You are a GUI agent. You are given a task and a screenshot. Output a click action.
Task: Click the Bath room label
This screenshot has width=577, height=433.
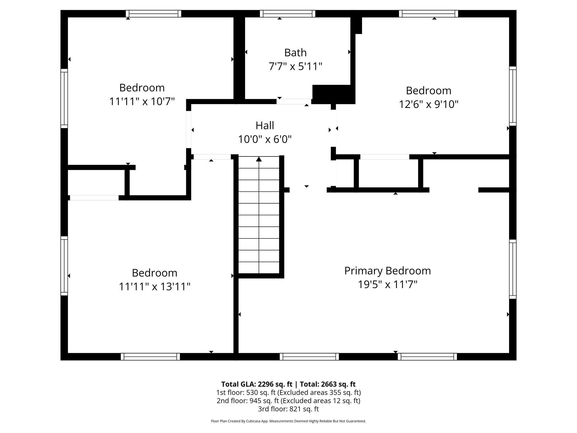pyautogui.click(x=295, y=53)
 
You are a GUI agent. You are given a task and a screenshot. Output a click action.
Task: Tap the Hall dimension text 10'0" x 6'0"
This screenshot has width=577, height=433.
pyautogui.click(x=265, y=139)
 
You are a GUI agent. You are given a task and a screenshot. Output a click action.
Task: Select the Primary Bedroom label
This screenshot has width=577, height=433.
pyautogui.click(x=387, y=271)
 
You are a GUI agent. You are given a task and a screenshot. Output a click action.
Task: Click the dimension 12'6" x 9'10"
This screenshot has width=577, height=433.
pyautogui.click(x=429, y=105)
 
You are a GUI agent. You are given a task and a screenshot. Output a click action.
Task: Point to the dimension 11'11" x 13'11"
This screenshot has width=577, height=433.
pyautogui.click(x=154, y=287)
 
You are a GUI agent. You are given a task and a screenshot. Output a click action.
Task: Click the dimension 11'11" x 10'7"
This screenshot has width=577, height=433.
pyautogui.click(x=142, y=101)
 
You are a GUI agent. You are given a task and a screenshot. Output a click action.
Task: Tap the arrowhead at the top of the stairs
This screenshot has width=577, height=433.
pyautogui.click(x=259, y=159)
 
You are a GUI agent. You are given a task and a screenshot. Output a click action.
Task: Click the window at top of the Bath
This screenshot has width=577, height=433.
pyautogui.click(x=287, y=14)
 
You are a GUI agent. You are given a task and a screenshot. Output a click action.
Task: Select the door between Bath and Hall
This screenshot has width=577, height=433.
pyautogui.click(x=294, y=101)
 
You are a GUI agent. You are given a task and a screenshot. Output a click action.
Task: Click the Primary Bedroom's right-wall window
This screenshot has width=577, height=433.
pyautogui.click(x=513, y=269)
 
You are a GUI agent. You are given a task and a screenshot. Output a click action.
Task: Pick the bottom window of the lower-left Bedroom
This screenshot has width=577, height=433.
pyautogui.click(x=150, y=357)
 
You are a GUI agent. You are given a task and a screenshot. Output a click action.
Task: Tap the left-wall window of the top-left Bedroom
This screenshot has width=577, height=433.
pyautogui.click(x=64, y=98)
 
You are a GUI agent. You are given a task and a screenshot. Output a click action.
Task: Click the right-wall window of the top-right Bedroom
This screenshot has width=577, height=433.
pyautogui.click(x=513, y=96)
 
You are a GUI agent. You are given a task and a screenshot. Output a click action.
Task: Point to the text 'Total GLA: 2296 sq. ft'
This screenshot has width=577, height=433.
pyautogui.click(x=257, y=384)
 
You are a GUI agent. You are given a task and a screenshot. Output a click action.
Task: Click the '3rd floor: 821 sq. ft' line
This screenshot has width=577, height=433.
pyautogui.click(x=288, y=409)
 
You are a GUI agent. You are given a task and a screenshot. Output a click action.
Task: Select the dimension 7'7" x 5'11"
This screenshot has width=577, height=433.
pyautogui.click(x=295, y=67)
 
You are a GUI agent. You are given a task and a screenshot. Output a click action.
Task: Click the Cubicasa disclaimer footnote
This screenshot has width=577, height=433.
pyautogui.click(x=288, y=421)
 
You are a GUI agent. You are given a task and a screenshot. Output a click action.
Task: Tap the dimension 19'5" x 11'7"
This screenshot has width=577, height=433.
pyautogui.click(x=387, y=284)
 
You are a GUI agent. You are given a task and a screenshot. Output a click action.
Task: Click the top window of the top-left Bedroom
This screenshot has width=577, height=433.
pyautogui.click(x=153, y=14)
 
